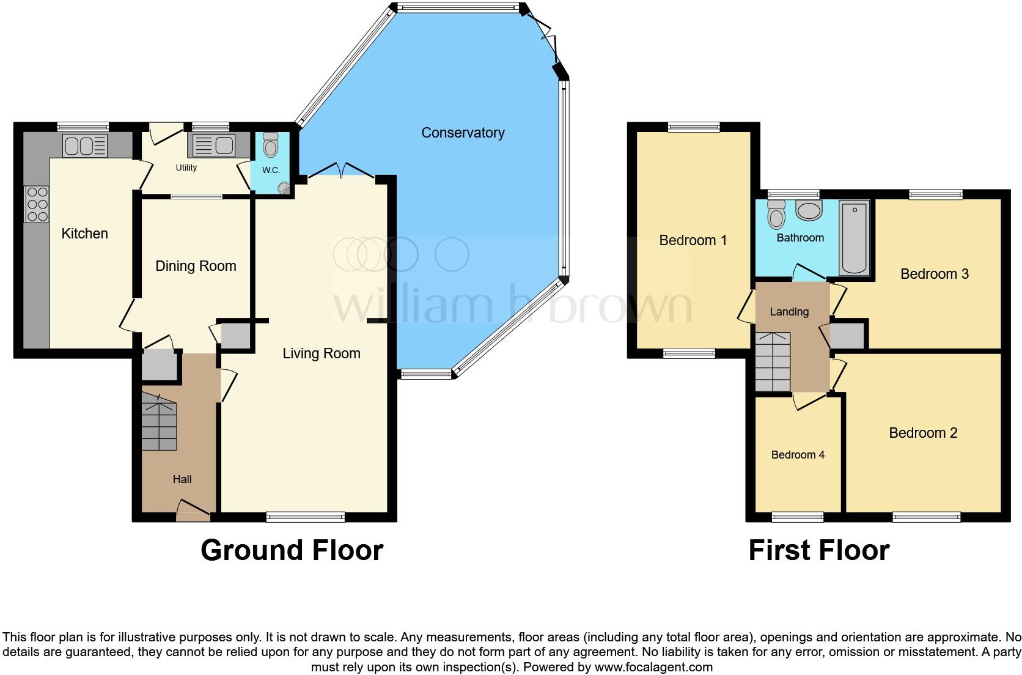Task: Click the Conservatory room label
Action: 463,133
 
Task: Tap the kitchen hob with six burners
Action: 37,204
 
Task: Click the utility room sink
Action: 212,146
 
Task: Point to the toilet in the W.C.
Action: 270,146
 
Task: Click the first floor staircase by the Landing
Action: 773,361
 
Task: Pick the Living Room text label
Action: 321,353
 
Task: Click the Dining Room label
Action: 196,266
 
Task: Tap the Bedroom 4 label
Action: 798,455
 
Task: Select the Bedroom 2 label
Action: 923,433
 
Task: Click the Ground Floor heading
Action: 292,550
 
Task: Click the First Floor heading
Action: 818,550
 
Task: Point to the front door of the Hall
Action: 194,509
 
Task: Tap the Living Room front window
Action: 306,517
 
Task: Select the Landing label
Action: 789,312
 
